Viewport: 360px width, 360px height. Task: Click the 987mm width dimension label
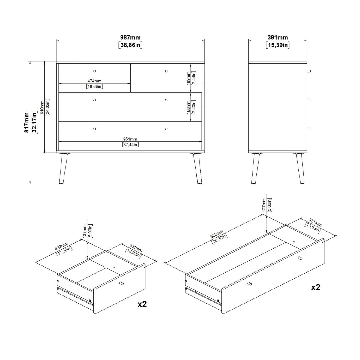click(130, 37)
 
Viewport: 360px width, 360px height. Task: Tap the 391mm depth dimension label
click(277, 37)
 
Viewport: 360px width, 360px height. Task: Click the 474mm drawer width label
click(94, 81)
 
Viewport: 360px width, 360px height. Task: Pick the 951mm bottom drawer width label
click(130, 139)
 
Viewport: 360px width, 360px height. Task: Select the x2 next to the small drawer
click(142, 304)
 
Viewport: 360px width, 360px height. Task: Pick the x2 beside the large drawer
click(316, 287)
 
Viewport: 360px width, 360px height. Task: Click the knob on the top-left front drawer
click(94, 71)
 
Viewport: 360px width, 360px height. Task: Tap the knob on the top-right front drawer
click(166, 71)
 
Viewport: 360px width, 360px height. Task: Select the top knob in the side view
click(309, 71)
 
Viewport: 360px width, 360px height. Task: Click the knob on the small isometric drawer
click(121, 283)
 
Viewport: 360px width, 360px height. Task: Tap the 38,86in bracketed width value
click(130, 45)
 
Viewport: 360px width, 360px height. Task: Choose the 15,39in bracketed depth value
click(277, 45)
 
